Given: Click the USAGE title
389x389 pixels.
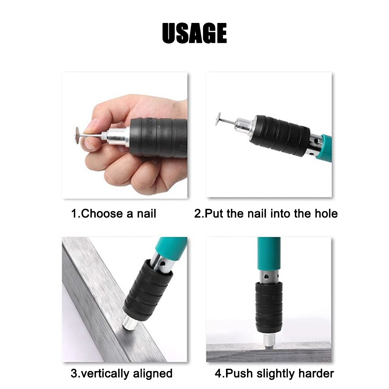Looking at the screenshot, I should tap(194, 33).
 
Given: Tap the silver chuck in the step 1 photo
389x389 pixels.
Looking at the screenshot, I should tap(117, 137).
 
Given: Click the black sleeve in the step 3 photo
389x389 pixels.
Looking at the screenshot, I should tap(148, 290).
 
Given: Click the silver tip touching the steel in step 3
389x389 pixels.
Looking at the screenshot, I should tap(129, 322).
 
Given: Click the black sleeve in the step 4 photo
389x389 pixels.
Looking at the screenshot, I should tap(269, 307).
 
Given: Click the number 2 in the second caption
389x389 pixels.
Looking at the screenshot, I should tap(197, 214).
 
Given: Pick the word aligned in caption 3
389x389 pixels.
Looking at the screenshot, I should tap(153, 374).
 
